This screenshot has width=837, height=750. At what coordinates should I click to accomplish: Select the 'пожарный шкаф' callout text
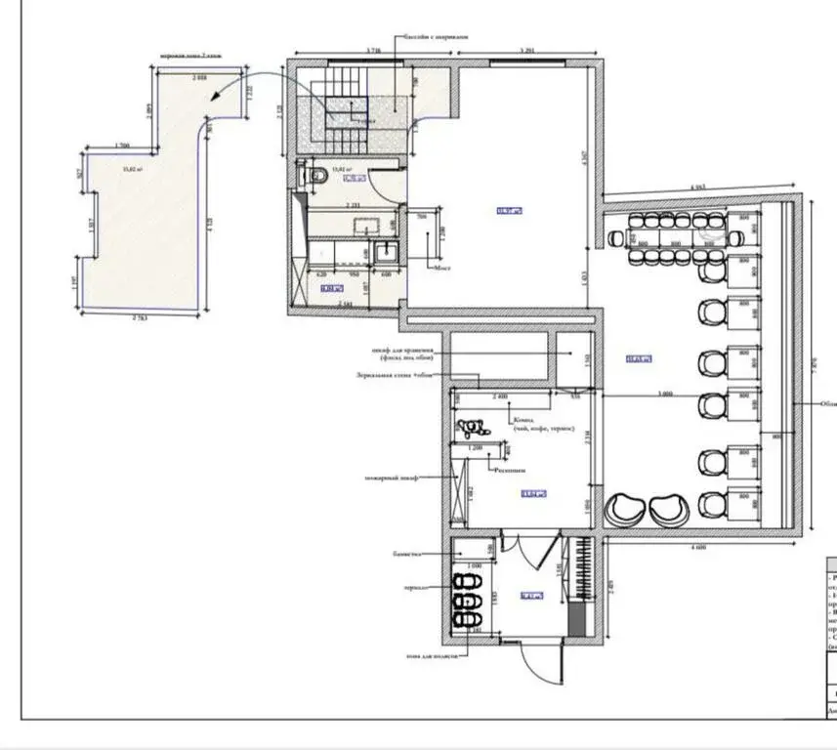coord(391,478)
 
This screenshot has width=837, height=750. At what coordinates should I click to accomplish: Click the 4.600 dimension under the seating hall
coord(697,548)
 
